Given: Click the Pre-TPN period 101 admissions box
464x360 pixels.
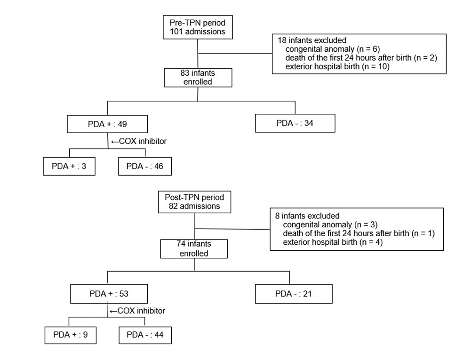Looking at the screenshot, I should [x=198, y=27].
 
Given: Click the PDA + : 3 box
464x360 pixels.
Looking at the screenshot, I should [x=69, y=166].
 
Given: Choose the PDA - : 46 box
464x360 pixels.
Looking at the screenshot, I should [x=145, y=166].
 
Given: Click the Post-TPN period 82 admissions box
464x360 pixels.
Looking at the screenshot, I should [x=194, y=202].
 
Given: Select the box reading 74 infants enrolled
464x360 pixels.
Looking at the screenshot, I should [x=194, y=248].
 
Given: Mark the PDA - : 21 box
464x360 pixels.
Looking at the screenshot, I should [x=294, y=294].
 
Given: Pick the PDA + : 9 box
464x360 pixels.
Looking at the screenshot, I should [x=71, y=336].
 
